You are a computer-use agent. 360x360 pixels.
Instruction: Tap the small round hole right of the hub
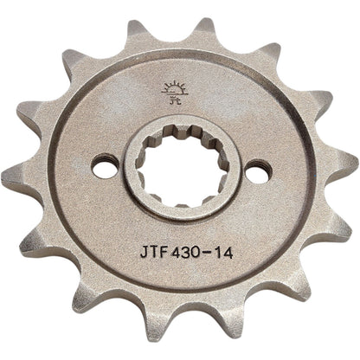[x=253, y=172]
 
